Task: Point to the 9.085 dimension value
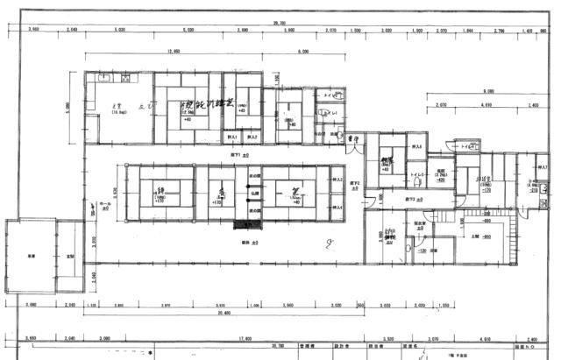(486, 91)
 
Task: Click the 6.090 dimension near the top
(303, 53)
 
